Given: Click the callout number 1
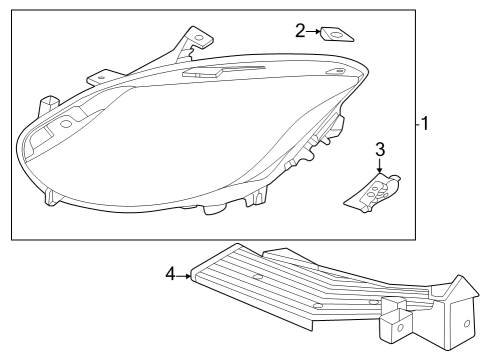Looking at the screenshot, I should click(x=426, y=125).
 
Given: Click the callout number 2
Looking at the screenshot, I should click(x=300, y=31).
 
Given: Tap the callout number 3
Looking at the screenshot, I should click(x=380, y=150).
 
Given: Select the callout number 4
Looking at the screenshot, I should click(x=170, y=272).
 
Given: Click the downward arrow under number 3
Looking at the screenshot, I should click(x=380, y=167).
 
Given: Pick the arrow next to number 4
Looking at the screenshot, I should click(x=183, y=272).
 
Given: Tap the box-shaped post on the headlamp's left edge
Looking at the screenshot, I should click(x=46, y=104).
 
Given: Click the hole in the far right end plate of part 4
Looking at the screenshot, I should click(x=467, y=324).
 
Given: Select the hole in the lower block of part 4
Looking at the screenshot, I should click(x=398, y=325).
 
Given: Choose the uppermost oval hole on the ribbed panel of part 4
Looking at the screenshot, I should click(x=257, y=275).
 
